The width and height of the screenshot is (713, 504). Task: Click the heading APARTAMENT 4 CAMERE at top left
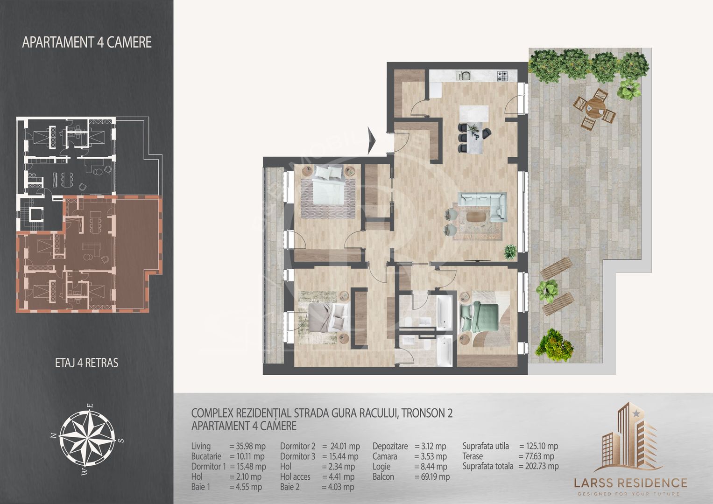[86, 42]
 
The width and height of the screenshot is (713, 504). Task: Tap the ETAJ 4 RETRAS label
[86, 363]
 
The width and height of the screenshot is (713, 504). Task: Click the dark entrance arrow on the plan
[372, 140]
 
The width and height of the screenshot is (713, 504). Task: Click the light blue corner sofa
[482, 206]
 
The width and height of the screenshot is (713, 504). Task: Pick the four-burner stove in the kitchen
[502, 76]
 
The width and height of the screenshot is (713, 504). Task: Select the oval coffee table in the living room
[476, 217]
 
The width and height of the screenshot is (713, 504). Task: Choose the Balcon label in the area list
[383, 476]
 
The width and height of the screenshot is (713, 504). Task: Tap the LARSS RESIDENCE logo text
[630, 483]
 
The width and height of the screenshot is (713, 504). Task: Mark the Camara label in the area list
[385, 456]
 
